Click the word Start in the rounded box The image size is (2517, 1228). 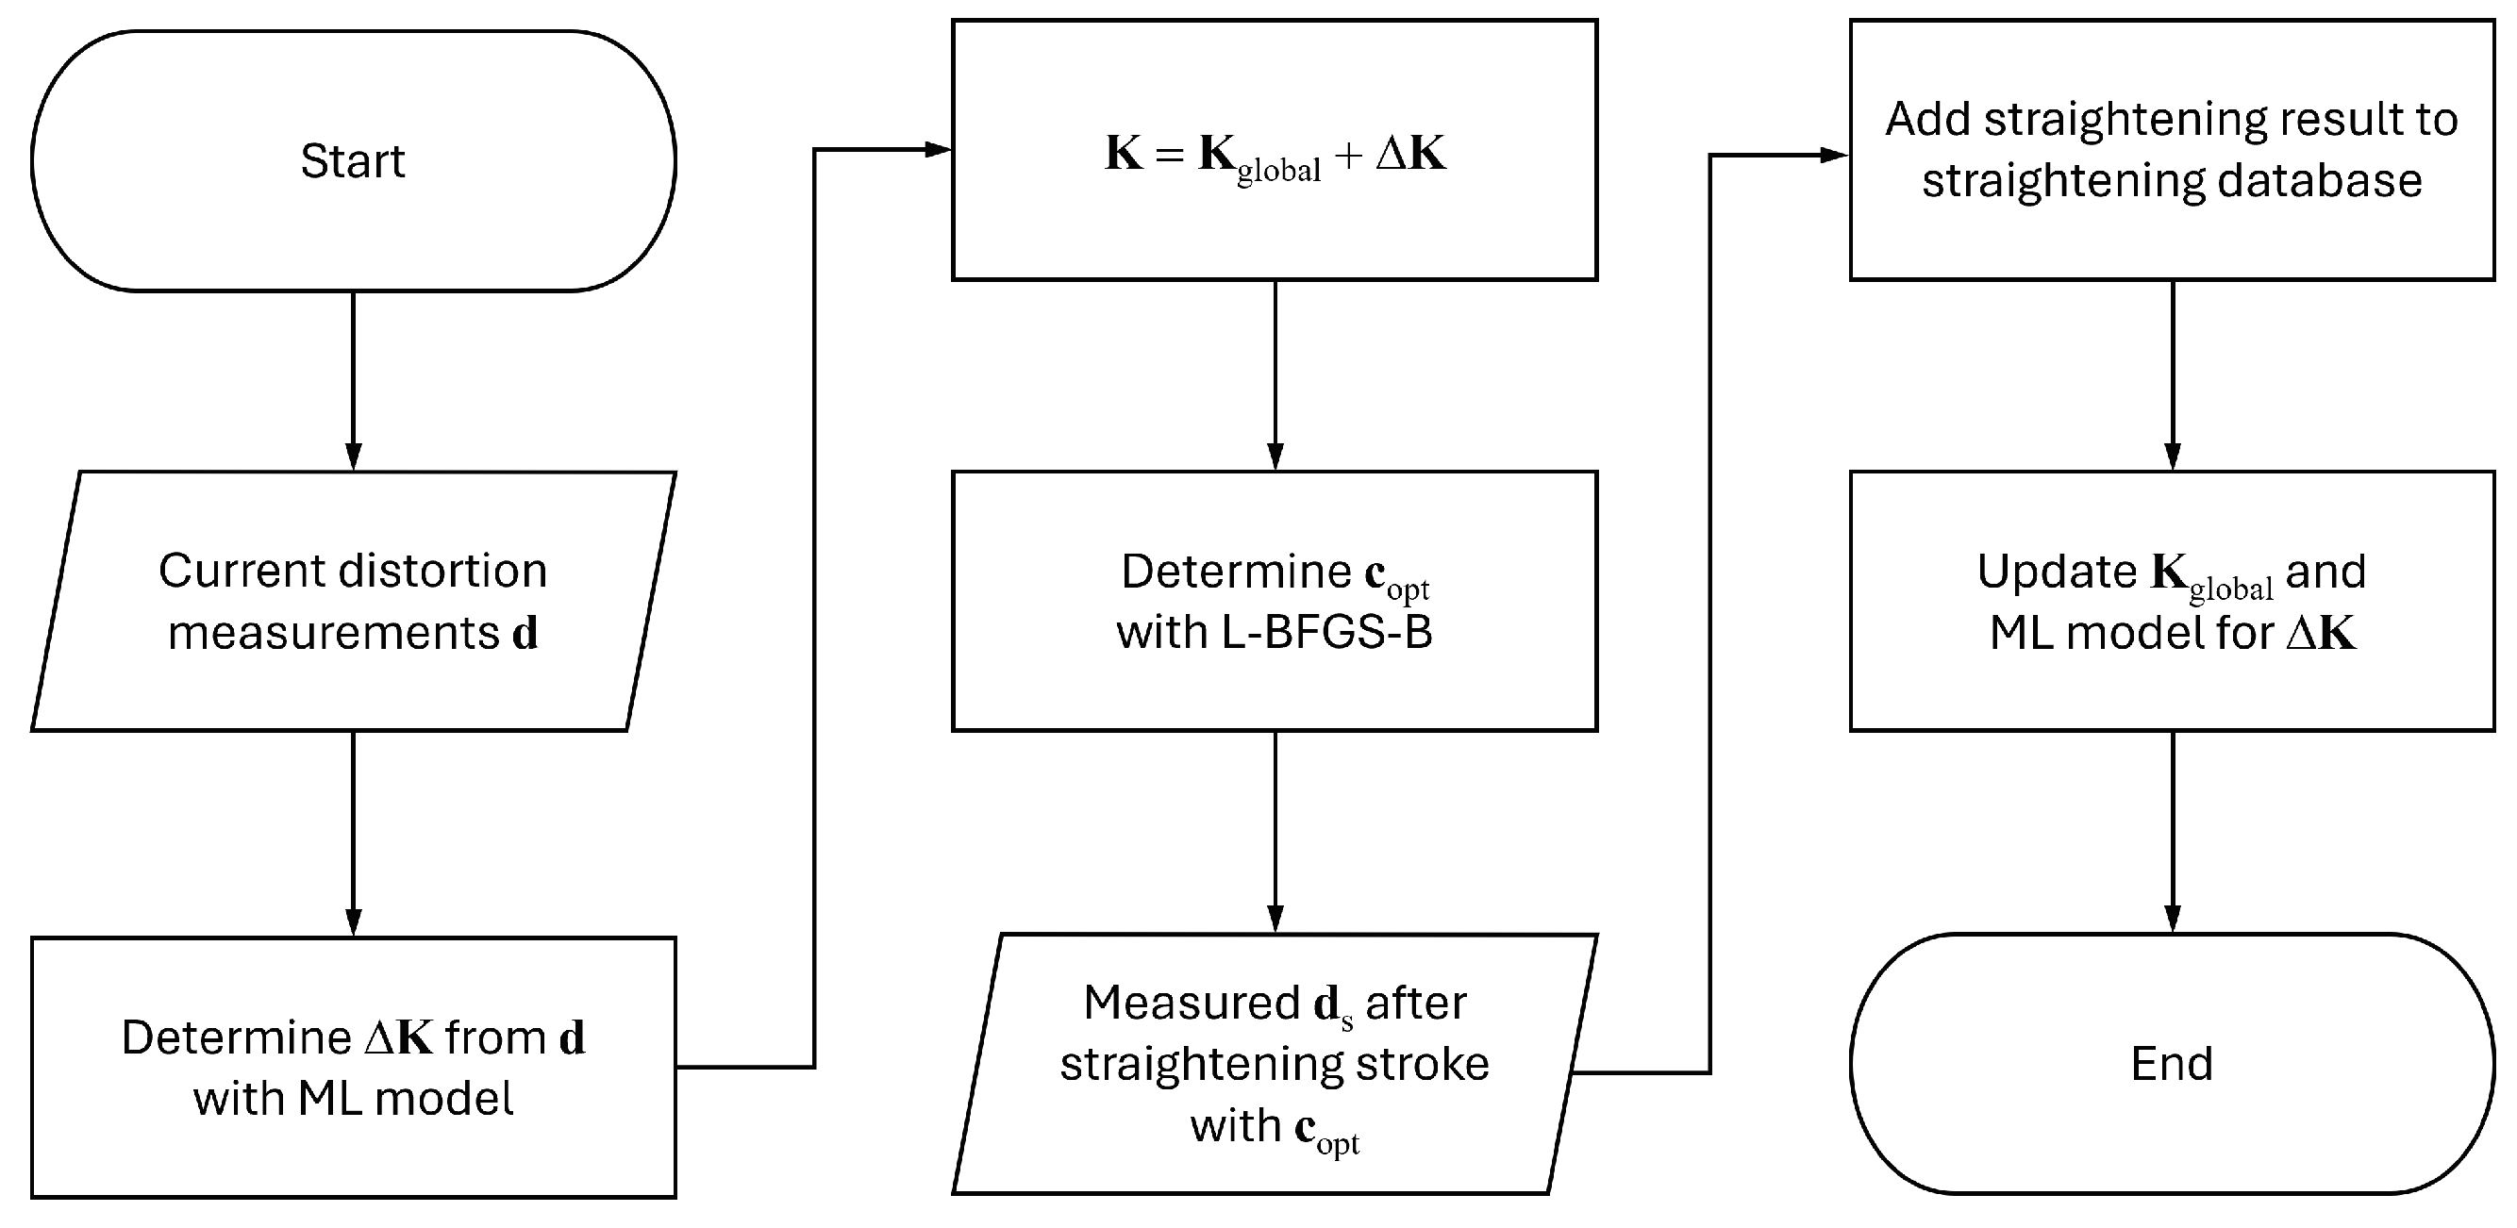352,161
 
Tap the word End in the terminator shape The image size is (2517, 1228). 2171,1064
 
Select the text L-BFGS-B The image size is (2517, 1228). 1326,633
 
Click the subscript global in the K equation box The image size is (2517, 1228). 1278,171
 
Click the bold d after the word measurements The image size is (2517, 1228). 525,633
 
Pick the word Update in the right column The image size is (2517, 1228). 2057,572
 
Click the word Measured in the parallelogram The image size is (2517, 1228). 1192,1004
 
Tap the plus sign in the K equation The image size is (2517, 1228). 1347,154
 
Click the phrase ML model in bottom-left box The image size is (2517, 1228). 406,1099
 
